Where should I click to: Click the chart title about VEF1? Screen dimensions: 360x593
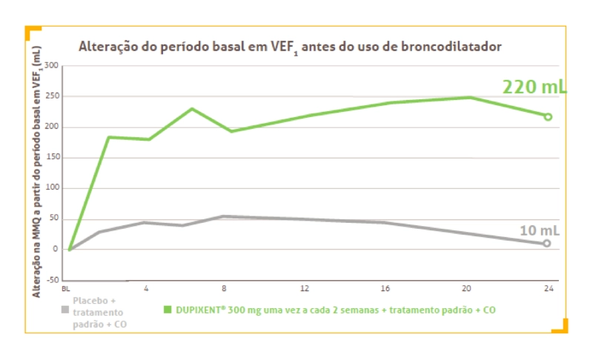290,47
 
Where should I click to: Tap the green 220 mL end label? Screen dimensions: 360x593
534,87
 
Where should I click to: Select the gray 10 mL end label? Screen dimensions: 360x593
538,230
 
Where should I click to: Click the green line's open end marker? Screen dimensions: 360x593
548,116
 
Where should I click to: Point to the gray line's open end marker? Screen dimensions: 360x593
547,243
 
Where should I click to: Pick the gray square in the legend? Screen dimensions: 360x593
64,302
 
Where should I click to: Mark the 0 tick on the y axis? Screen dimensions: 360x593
54,250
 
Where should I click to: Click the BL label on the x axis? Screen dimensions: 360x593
66,288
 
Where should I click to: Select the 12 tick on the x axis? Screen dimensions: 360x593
305,288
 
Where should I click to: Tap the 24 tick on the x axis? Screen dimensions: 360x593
547,288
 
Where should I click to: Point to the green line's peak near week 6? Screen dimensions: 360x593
192,109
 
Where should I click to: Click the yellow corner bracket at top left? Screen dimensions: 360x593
32,31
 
